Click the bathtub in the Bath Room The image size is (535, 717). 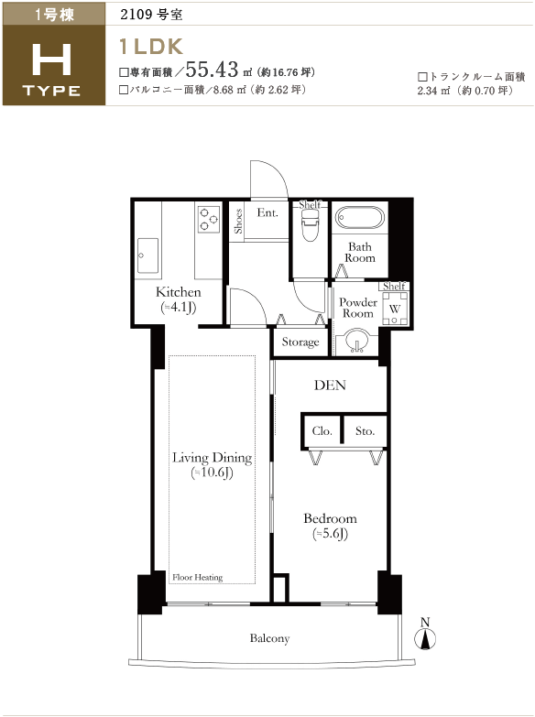(x=359, y=218)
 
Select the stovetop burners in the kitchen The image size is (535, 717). (x=209, y=219)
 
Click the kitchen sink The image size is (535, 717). (x=147, y=255)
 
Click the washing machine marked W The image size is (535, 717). (x=395, y=309)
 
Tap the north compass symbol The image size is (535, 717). (x=425, y=636)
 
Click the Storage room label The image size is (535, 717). (x=300, y=342)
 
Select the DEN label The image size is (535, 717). (x=330, y=386)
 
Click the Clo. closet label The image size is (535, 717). (x=322, y=431)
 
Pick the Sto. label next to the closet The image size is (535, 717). (x=365, y=431)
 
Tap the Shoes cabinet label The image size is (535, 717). (x=238, y=222)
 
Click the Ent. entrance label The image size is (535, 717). (x=267, y=212)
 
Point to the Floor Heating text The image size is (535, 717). (x=197, y=578)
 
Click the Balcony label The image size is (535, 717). (x=269, y=638)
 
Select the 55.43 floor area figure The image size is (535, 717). (x=212, y=70)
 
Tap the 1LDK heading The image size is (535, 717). (x=150, y=47)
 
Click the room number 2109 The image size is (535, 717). (x=136, y=14)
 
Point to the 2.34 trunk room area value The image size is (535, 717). (x=427, y=91)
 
